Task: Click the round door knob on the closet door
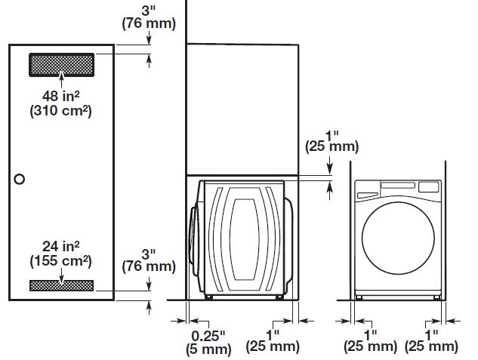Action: click(x=20, y=179)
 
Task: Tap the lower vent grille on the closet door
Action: click(x=61, y=285)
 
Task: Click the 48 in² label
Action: click(x=60, y=97)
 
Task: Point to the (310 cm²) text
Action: click(x=60, y=111)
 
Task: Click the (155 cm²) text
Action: click(x=60, y=261)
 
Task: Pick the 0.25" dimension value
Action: click(x=206, y=334)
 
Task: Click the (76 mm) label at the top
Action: click(x=149, y=23)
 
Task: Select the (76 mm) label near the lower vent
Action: click(x=149, y=266)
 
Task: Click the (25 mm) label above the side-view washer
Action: click(x=330, y=146)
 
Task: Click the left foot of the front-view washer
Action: click(x=359, y=297)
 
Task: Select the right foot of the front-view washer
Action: click(x=436, y=297)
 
